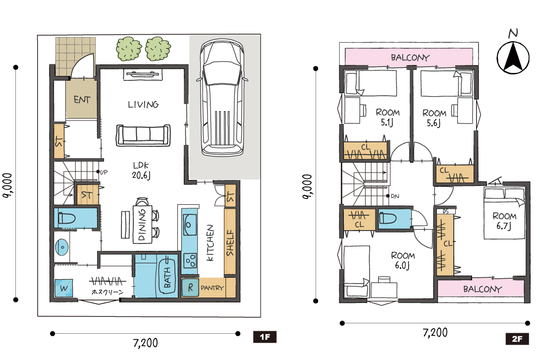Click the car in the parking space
[x=222, y=98]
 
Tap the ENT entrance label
[x=82, y=100]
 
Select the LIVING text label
[x=143, y=104]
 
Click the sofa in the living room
[x=143, y=135]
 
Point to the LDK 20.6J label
[x=141, y=171]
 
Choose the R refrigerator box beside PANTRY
[x=190, y=287]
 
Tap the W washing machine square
[x=64, y=288]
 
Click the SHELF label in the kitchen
[x=230, y=242]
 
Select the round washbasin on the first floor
[x=61, y=247]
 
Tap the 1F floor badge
[x=265, y=337]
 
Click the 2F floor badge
[x=517, y=339]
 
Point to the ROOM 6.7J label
[x=504, y=221]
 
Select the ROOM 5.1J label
[x=388, y=117]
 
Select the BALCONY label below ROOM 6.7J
[x=482, y=289]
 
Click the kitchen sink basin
[x=189, y=225]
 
